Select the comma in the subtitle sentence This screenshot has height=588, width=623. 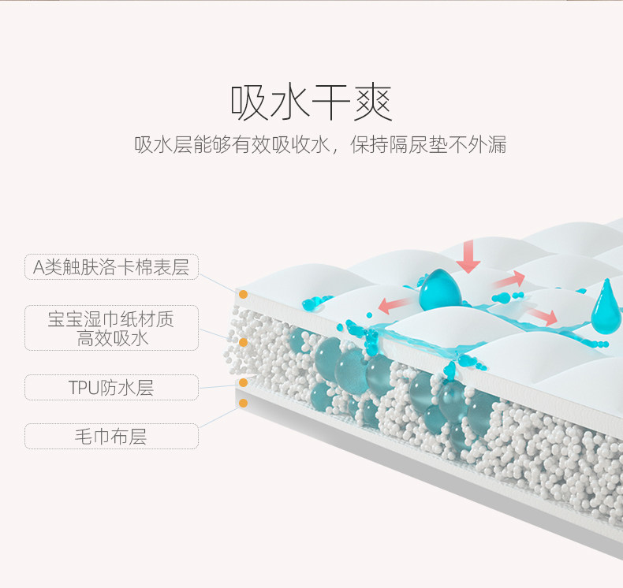tap(335, 151)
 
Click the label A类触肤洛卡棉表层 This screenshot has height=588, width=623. tap(111, 267)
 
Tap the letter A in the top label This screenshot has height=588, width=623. tap(39, 267)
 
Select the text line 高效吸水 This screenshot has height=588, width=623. tap(112, 338)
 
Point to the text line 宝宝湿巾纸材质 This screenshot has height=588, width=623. tap(111, 319)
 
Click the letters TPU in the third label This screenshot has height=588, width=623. tap(85, 388)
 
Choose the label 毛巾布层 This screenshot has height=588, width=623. tap(111, 436)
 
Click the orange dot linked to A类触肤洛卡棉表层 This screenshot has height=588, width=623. tap(244, 294)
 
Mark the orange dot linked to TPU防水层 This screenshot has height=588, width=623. tap(244, 383)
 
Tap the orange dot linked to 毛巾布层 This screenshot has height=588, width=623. tap(244, 404)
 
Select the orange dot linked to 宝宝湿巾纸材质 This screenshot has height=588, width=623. tap(244, 343)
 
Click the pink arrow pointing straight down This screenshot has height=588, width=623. tap(468, 255)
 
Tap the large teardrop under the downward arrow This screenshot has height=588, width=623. tap(435, 290)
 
